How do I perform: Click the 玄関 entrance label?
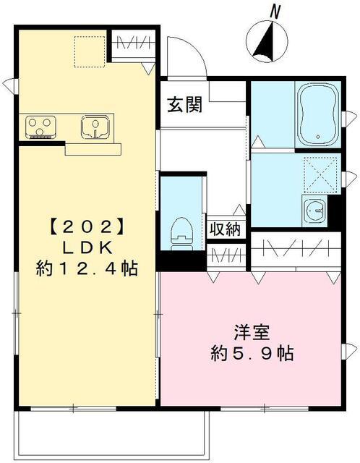pos(185,105)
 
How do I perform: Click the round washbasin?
pos(317,211)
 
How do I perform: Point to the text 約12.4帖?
pos(87,269)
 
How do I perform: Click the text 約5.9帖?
pos(252,354)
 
